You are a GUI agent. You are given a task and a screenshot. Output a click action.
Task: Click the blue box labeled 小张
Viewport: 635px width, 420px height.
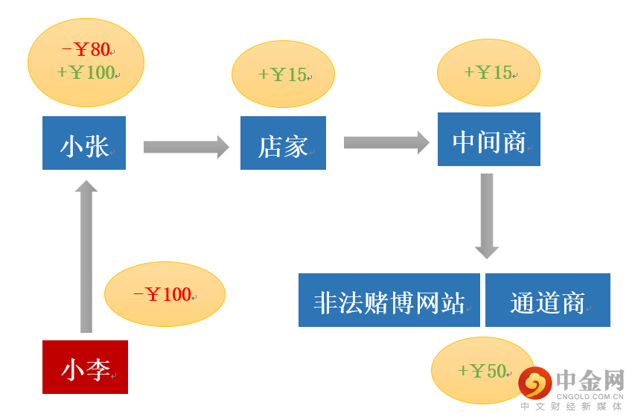[x=84, y=143]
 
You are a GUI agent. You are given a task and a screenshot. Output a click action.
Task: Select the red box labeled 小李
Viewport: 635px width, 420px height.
[x=85, y=367]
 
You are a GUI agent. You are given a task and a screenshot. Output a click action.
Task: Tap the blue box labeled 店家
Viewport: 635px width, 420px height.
[x=283, y=143]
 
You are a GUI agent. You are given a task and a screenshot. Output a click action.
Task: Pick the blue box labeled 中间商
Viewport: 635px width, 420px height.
[x=488, y=139]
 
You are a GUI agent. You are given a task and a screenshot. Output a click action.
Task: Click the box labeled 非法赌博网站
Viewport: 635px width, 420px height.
[x=389, y=300]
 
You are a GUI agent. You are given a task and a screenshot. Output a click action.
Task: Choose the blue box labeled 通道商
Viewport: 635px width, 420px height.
[x=547, y=300]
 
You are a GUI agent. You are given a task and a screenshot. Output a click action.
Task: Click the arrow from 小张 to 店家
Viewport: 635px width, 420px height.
[x=185, y=147]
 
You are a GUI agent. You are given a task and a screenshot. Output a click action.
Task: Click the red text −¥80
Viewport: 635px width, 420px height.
[x=86, y=50]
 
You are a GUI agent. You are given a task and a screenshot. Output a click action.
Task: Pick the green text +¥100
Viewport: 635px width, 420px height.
[x=86, y=73]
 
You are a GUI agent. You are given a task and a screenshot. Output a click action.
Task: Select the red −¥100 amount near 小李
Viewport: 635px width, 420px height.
[x=162, y=294]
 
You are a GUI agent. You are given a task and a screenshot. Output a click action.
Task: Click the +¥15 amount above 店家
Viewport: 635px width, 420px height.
[x=282, y=74]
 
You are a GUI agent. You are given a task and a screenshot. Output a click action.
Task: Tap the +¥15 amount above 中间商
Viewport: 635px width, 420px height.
[x=488, y=72]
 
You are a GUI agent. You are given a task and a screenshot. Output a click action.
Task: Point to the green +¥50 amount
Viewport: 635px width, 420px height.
[x=482, y=371]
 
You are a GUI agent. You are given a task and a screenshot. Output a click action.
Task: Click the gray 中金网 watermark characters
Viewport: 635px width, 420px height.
[x=590, y=381]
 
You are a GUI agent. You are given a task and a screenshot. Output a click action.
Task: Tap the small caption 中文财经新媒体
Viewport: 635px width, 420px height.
[x=571, y=407]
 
